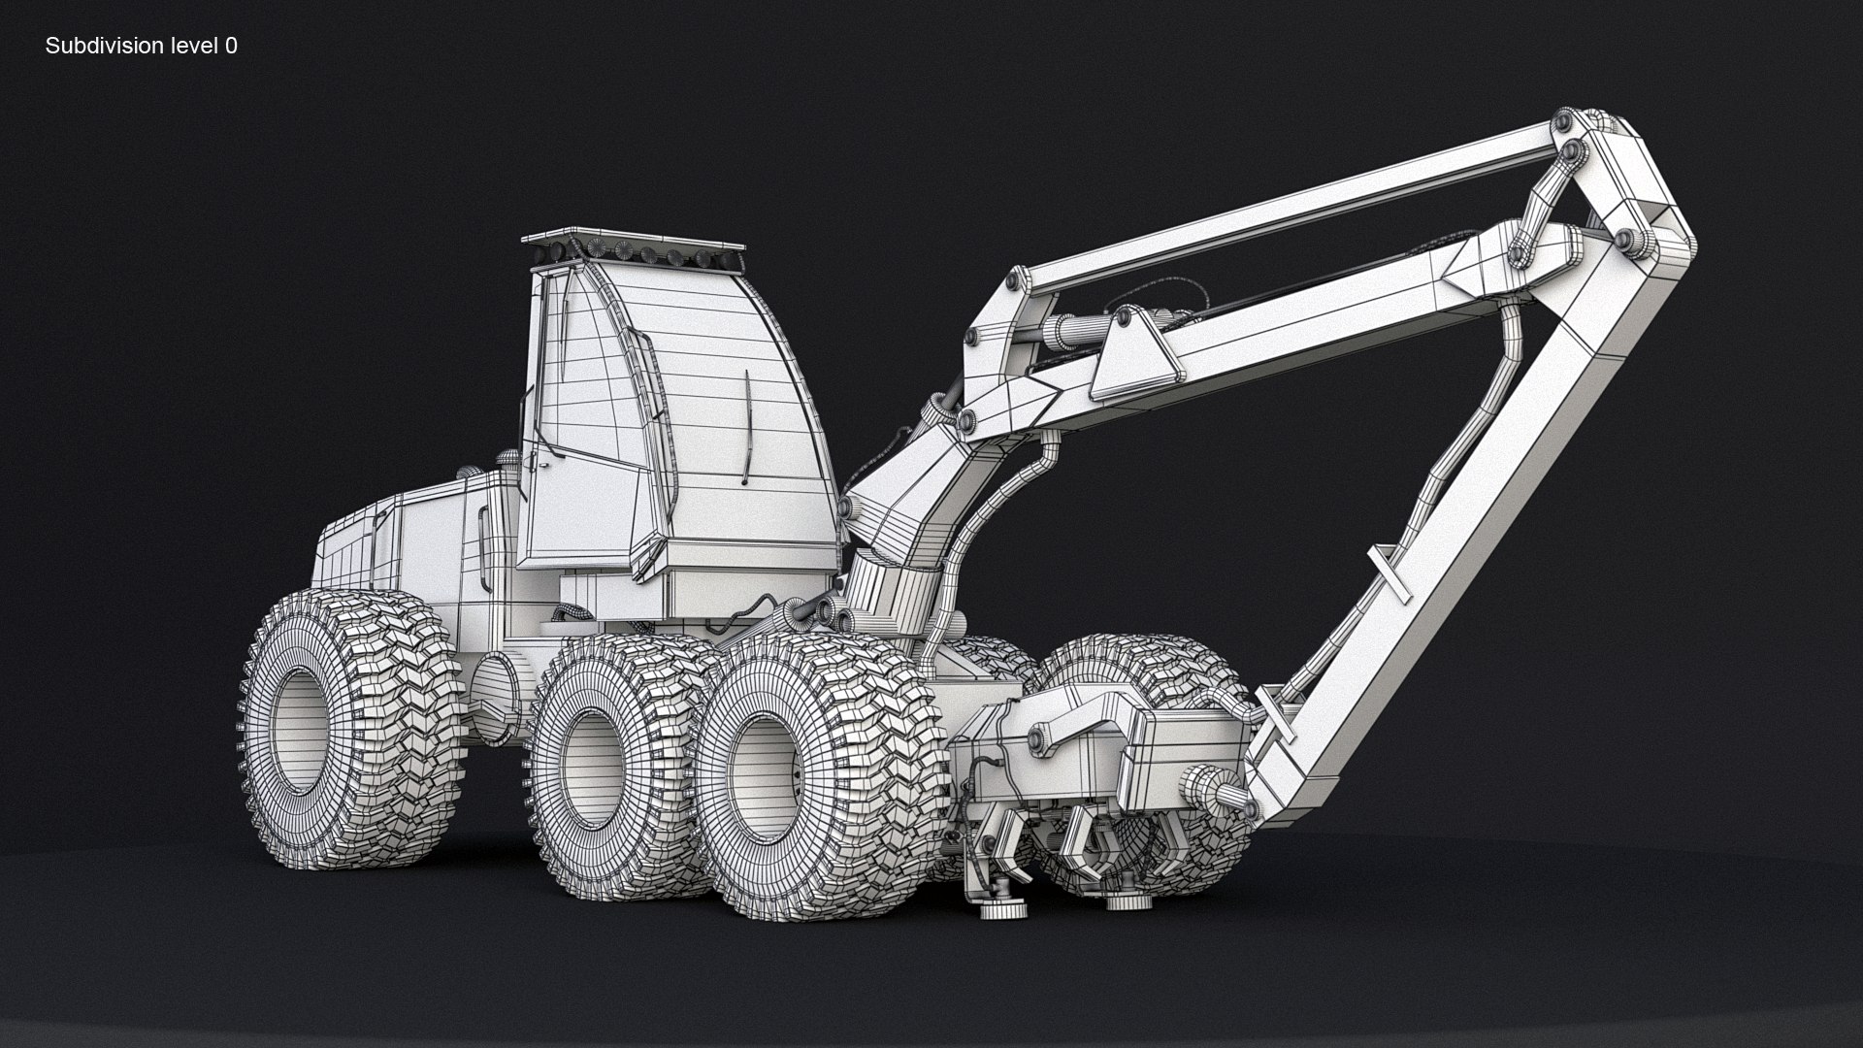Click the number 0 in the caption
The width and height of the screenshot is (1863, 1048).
[x=231, y=46]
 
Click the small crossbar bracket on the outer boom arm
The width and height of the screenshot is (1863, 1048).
[x=1390, y=573]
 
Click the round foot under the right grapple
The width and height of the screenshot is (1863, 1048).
[x=1126, y=902]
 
